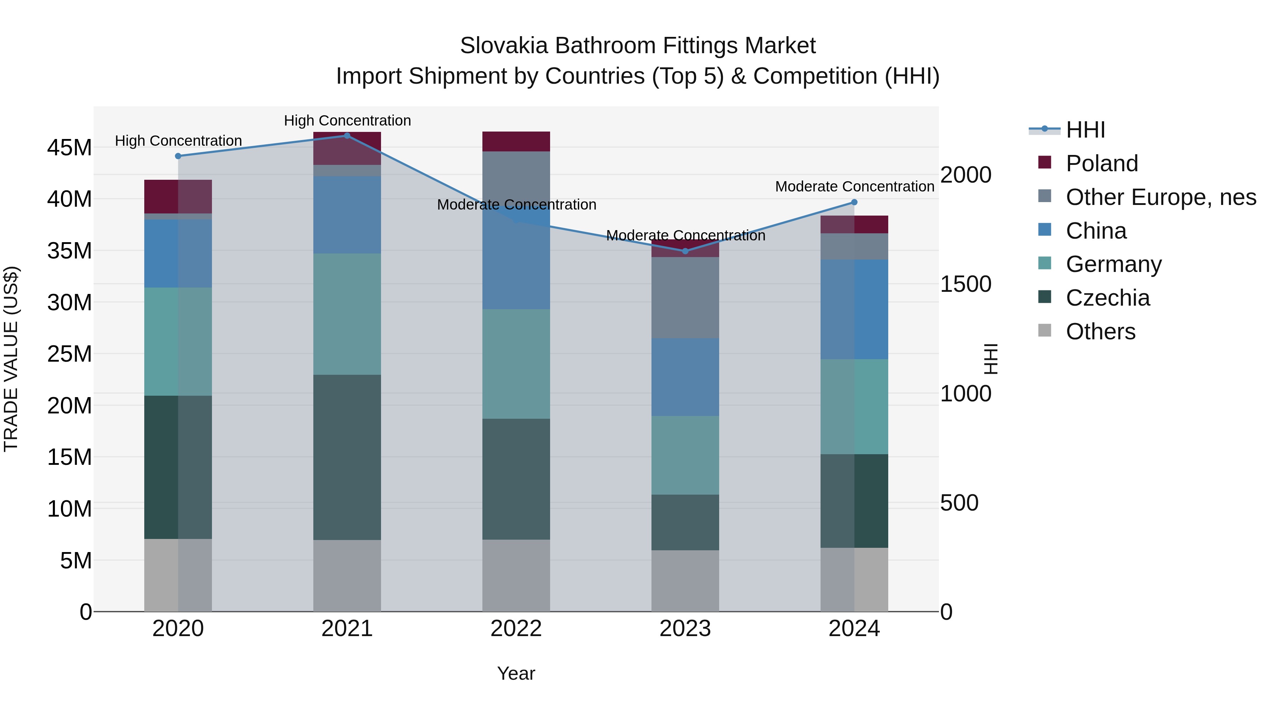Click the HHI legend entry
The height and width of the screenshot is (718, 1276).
[1085, 130]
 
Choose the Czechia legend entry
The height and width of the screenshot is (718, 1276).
[1107, 298]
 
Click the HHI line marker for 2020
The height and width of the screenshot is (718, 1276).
[178, 156]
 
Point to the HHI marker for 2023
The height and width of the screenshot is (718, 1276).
[685, 251]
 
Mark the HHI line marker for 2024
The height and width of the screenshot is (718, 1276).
[854, 202]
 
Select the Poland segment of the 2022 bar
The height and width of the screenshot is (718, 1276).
[516, 141]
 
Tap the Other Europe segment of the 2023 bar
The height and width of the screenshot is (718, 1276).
[685, 297]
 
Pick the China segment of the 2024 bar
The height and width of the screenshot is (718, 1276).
[854, 309]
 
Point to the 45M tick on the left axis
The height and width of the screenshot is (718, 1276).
[69, 148]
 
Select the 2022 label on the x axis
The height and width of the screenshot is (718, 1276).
[516, 629]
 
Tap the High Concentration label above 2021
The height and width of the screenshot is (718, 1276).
[347, 121]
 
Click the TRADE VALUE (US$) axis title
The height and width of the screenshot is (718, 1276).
[11, 359]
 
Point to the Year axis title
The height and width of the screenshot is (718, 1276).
[516, 673]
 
